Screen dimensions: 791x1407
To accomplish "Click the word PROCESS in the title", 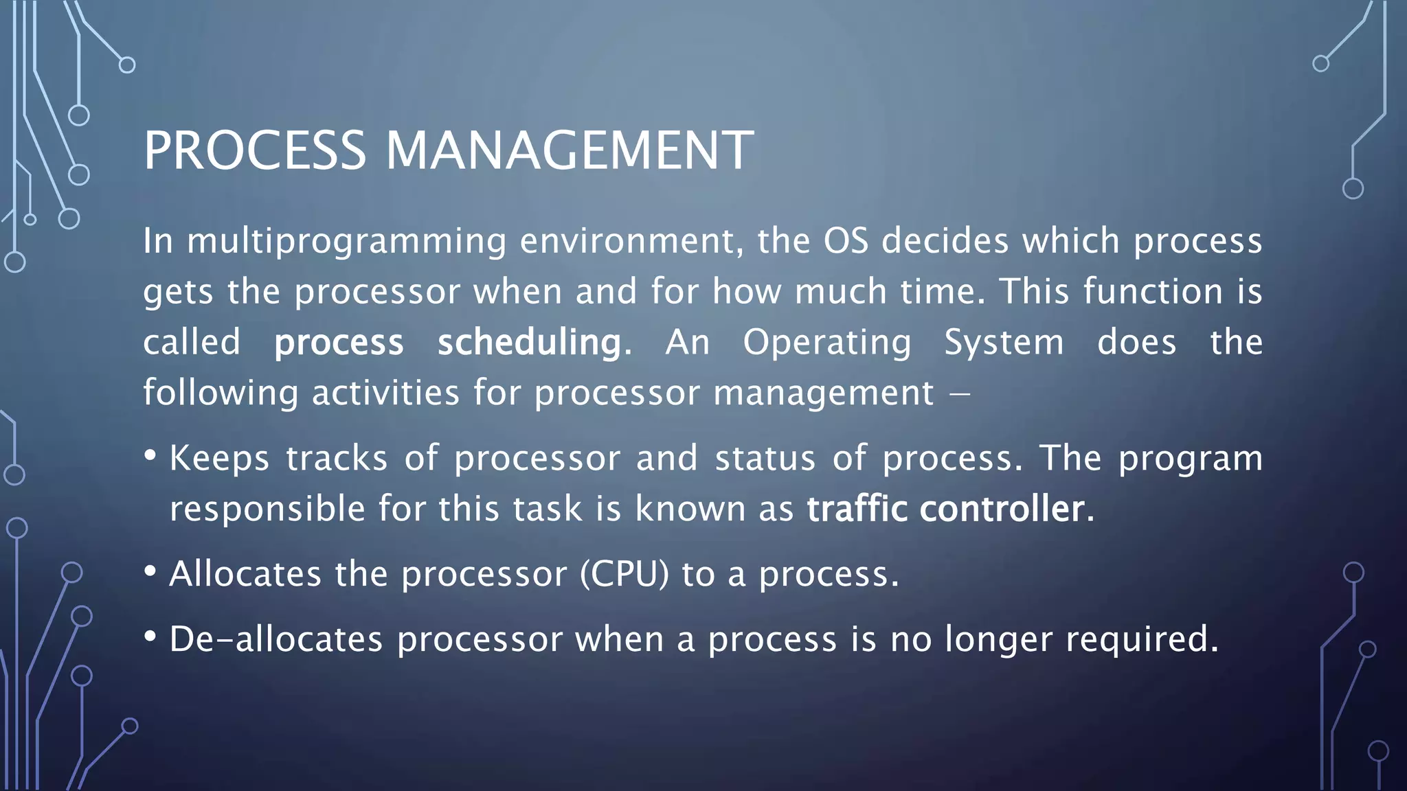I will coord(255,150).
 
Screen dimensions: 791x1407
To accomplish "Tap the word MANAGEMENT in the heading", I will coord(569,150).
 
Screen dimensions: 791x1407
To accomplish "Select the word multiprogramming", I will coord(347,242).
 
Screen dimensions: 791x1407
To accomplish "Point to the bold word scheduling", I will coord(530,342).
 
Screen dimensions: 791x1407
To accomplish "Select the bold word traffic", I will coord(857,509).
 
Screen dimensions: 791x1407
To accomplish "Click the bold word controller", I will coord(1002,509).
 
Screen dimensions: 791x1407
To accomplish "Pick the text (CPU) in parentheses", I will coord(624,574).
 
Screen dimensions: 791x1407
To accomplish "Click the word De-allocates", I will coord(275,639).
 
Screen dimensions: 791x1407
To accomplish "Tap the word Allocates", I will coord(245,574).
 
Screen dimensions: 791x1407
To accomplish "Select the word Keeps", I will coord(219,459).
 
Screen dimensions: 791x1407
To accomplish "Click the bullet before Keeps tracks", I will coord(150,456).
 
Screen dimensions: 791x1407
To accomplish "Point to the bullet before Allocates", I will coord(150,571).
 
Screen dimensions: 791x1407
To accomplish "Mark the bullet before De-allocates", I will coord(150,637).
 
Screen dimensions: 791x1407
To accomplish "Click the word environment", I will coord(631,241).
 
